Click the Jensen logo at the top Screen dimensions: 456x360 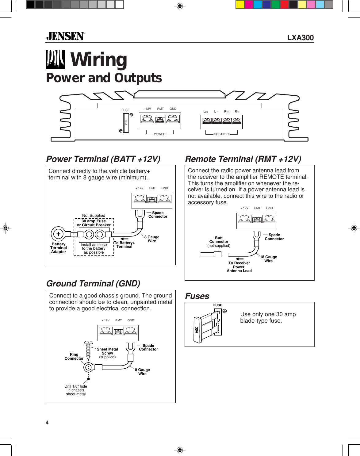tap(65, 36)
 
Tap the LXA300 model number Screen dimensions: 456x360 tap(300, 38)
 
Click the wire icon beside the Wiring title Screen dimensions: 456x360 tap(55, 59)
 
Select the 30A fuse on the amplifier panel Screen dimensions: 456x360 tap(126, 123)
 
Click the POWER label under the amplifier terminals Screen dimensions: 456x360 tap(159, 134)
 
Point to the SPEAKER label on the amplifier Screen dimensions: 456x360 tap(221, 134)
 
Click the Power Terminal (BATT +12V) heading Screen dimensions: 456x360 tap(103, 159)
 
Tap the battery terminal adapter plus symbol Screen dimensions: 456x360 tap(58, 234)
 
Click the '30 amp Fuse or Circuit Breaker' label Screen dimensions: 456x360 tap(94, 223)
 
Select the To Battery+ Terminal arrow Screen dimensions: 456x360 tap(124, 239)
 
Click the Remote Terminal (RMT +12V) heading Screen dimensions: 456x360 tap(243, 159)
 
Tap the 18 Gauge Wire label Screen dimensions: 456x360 tap(269, 259)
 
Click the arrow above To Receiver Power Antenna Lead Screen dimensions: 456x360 tap(239, 259)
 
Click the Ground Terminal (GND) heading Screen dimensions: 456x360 tap(93, 284)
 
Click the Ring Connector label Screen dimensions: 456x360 tap(74, 356)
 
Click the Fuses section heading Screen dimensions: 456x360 tap(197, 296)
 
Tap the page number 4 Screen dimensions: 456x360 tap(47, 423)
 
